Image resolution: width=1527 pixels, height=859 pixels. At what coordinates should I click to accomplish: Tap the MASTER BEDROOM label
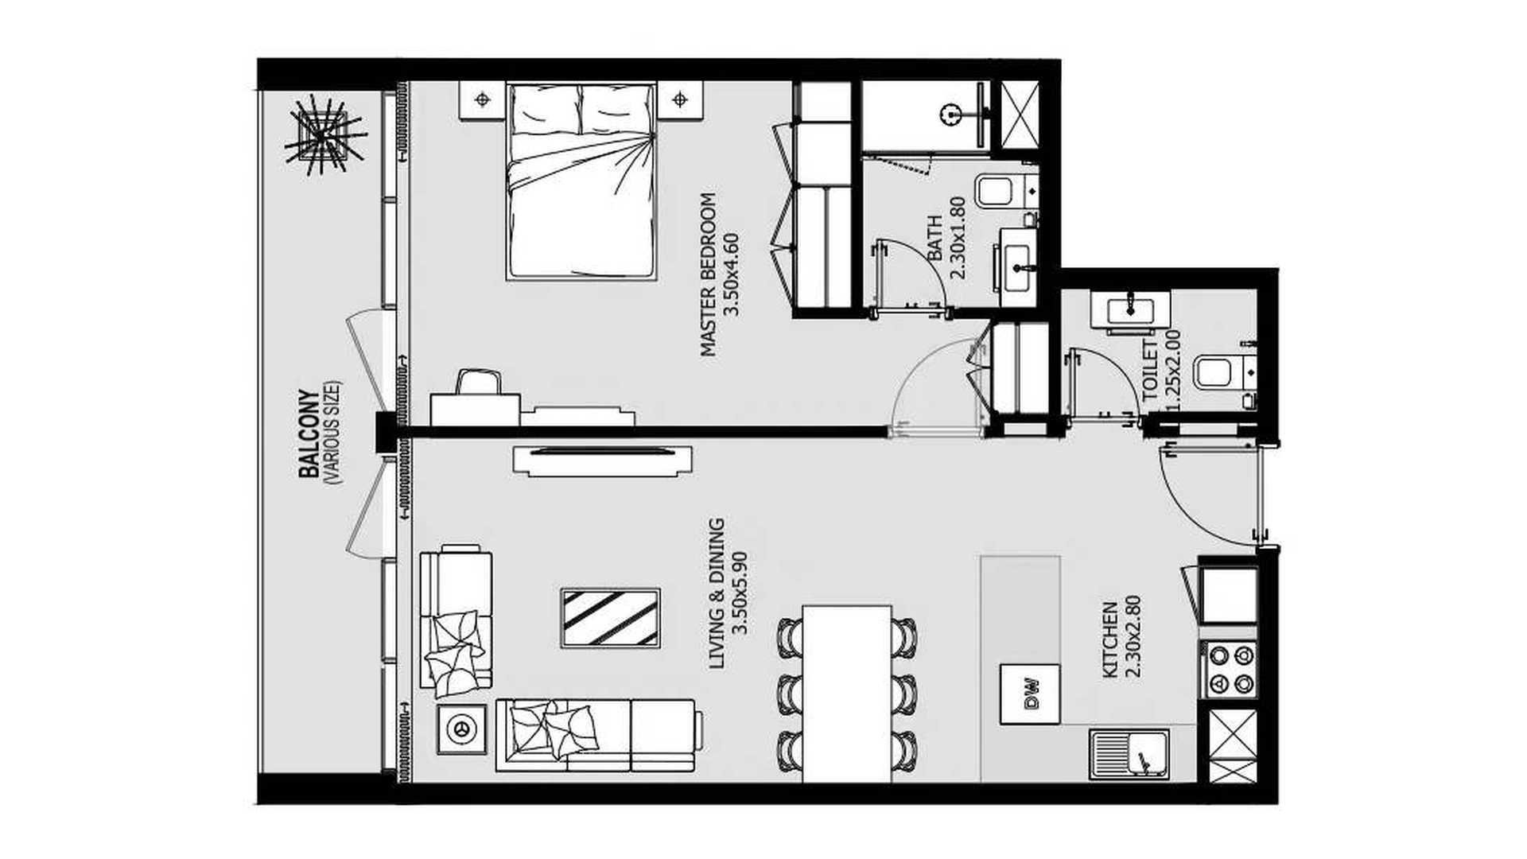coord(708,274)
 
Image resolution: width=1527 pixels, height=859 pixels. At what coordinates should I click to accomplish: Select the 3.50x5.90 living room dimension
coord(740,593)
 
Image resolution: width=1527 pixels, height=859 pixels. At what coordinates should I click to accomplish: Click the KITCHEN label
coord(1110,640)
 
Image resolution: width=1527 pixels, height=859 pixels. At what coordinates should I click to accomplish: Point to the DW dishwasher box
coord(1030,694)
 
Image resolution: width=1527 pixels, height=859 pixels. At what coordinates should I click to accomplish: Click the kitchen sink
coord(1129,755)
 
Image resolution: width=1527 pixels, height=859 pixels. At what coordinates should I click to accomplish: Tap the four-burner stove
coord(1230,670)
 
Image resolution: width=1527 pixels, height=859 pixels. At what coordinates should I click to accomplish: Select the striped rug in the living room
coord(610,618)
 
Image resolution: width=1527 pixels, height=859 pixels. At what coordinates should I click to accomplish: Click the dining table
coord(846,694)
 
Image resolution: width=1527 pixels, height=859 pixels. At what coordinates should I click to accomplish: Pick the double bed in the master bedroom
coord(581,181)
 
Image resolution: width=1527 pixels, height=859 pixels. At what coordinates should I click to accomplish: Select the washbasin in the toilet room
coord(1129,309)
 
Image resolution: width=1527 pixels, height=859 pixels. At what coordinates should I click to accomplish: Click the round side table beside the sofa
coord(460,729)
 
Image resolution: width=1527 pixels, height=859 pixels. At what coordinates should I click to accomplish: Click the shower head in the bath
coord(948,114)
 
